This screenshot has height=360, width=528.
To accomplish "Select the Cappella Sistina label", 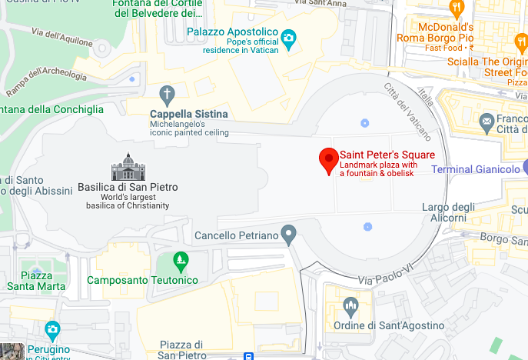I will pyautogui.click(x=188, y=114).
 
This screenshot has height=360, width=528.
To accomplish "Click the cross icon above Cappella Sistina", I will pyautogui.click(x=168, y=95).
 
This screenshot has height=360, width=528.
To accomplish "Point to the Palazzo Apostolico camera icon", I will pyautogui.click(x=288, y=37).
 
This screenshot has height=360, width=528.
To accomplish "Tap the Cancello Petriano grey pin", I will pyautogui.click(x=288, y=233).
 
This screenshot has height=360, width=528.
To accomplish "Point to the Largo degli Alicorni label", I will pyautogui.click(x=449, y=213).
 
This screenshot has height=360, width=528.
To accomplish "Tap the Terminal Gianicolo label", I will pyautogui.click(x=476, y=169).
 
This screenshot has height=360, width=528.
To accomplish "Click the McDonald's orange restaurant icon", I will pyautogui.click(x=457, y=8).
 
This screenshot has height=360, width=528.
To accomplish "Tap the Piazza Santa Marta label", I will pyautogui.click(x=36, y=282).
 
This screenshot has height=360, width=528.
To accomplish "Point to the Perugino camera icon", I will pyautogui.click(x=52, y=330).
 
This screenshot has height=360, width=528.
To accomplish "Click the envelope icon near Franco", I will pyautogui.click(x=486, y=121).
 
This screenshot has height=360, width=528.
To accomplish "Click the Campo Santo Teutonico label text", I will pyautogui.click(x=142, y=280).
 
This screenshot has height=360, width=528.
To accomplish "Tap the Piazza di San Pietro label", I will pyautogui.click(x=181, y=350).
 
